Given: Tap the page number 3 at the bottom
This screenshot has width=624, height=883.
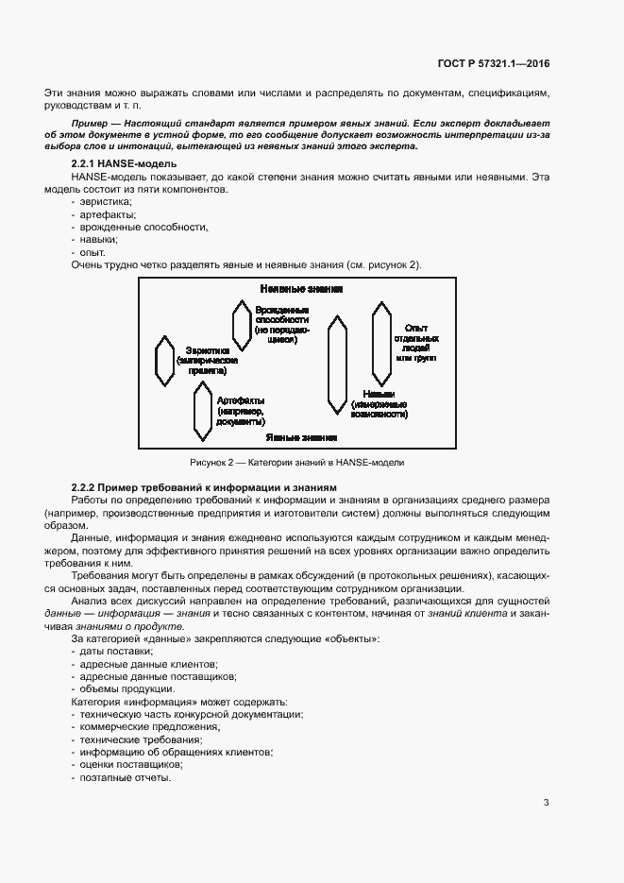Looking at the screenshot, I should click(x=546, y=803).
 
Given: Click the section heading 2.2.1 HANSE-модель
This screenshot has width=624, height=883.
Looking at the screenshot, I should click(x=118, y=164).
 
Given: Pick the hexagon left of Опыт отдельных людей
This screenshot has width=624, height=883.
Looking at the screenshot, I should click(x=380, y=338).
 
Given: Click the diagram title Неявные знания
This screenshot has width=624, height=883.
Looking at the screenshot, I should click(x=300, y=288).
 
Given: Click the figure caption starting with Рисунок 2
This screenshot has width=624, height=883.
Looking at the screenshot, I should click(x=297, y=463).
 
